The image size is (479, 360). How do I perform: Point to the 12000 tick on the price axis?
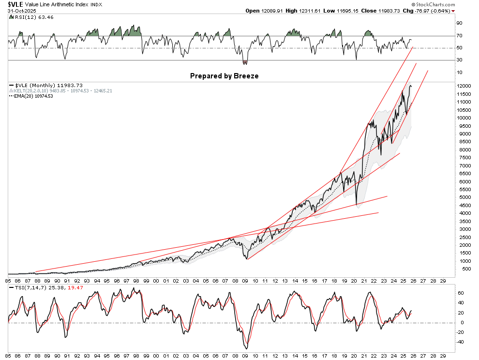464,86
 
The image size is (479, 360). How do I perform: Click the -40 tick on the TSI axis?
461,342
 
